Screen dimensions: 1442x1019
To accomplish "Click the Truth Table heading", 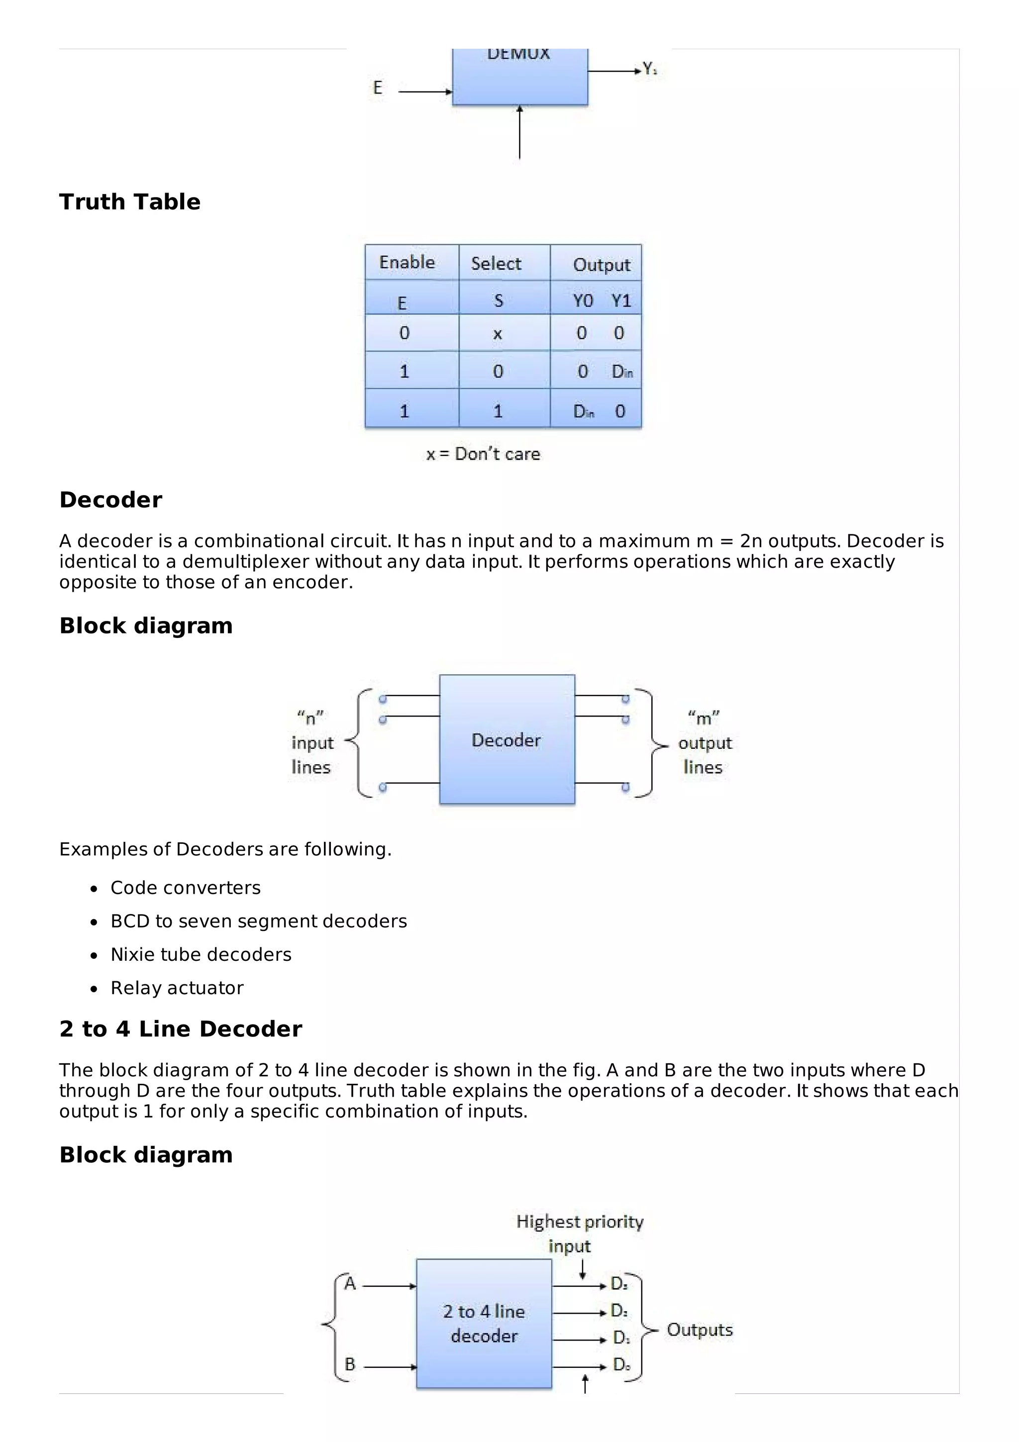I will pyautogui.click(x=129, y=202).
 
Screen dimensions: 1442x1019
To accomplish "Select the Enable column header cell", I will pyautogui.click(x=407, y=263).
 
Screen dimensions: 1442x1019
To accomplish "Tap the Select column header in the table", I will pyautogui.click(x=496, y=264).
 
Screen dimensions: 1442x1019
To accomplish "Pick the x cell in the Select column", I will pyautogui.click(x=497, y=334).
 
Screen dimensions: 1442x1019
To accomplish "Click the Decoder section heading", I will pyautogui.click(x=110, y=500).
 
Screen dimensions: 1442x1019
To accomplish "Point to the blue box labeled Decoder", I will pyautogui.click(x=506, y=740).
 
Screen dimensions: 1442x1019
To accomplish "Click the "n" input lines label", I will pyautogui.click(x=312, y=742).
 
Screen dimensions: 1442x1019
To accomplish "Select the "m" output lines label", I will pyautogui.click(x=705, y=742).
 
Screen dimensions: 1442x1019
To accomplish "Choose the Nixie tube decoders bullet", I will pyautogui.click(x=201, y=955).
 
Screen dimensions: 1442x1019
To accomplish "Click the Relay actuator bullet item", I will pyautogui.click(x=177, y=988).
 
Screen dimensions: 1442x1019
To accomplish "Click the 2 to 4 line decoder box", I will pyautogui.click(x=484, y=1323).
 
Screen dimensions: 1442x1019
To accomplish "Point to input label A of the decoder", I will pyautogui.click(x=350, y=1283).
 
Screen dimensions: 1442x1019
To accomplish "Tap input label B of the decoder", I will pyautogui.click(x=350, y=1364).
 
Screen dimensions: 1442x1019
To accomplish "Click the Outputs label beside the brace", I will pyautogui.click(x=700, y=1330).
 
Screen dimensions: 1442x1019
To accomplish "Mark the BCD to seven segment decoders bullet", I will pyautogui.click(x=259, y=922).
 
